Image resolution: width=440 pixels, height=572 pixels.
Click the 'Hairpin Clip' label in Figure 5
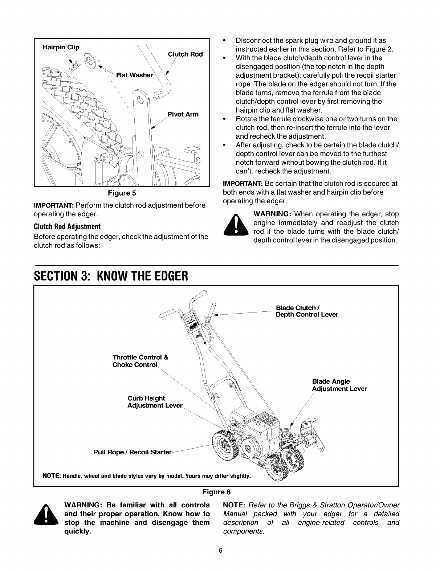tap(61, 47)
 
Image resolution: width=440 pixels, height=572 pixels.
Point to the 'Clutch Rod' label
tap(185, 54)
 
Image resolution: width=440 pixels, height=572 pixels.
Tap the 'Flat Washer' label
tap(134, 75)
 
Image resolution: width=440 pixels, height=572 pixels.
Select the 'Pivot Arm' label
tap(183, 114)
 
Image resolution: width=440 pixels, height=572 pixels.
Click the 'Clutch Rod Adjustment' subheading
tap(67, 226)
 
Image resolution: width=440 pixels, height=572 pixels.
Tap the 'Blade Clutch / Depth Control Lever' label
tap(307, 311)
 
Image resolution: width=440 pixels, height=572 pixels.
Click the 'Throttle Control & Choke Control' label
tap(140, 361)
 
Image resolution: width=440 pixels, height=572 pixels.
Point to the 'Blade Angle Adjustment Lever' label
tap(339, 385)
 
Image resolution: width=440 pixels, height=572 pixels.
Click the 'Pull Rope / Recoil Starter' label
tap(133, 452)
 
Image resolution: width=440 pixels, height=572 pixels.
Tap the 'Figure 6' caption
tap(216, 492)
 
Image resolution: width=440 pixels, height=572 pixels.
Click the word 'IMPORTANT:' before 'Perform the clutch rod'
tap(54, 205)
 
